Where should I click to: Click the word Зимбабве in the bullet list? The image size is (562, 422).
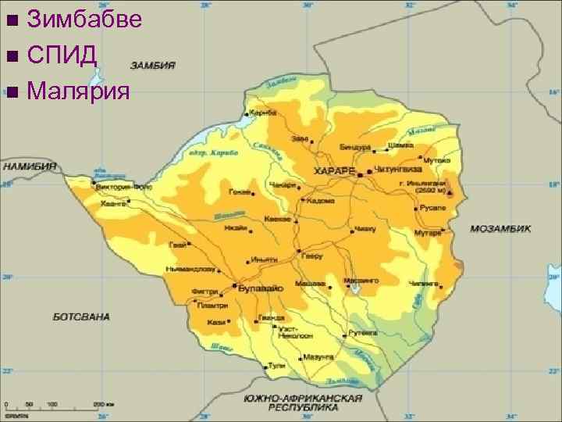(84, 19)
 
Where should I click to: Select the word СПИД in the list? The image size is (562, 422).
(61, 55)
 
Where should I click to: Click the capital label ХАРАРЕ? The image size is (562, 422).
(333, 170)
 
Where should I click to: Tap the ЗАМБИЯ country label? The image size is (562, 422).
(153, 66)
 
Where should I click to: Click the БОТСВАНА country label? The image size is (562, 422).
(81, 316)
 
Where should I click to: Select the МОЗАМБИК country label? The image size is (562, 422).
(500, 229)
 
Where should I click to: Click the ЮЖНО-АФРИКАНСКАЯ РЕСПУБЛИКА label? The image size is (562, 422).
(304, 402)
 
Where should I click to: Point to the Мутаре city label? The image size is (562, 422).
(427, 233)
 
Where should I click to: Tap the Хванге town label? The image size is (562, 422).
(113, 203)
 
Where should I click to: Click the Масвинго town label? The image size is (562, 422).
(363, 280)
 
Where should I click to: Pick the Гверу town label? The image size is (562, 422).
(315, 256)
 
